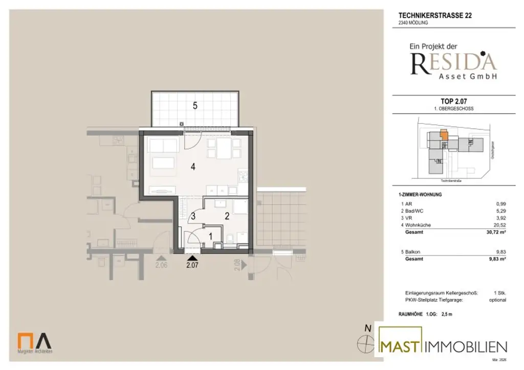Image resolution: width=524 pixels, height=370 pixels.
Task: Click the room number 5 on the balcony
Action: pos(195,106)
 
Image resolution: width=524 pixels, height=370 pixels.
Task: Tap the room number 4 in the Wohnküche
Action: pos(193,166)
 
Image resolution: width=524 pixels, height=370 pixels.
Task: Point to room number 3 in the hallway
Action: pos(193,216)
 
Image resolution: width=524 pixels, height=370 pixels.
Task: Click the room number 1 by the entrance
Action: pos(211,236)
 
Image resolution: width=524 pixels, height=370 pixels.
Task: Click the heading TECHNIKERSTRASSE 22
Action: pos(435,15)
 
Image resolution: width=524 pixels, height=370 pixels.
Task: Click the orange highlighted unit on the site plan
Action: pos(444,135)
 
